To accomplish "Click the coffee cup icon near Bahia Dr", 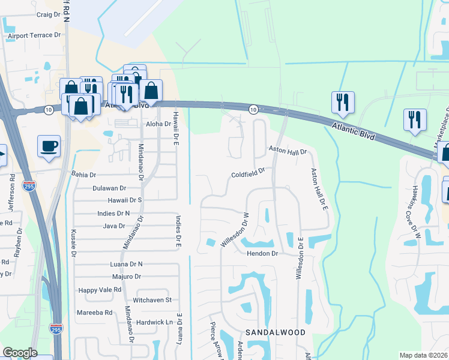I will pos(49,145).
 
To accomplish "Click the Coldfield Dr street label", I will pos(249,175).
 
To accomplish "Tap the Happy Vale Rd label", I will pos(100,289).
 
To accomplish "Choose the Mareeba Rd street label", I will pos(94,313).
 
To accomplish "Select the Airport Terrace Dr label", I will pos(35,36).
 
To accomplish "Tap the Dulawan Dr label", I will pos(109,188).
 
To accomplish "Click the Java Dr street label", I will pos(113,226).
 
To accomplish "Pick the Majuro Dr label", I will pos(126,277).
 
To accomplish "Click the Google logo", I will pos(20,353).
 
